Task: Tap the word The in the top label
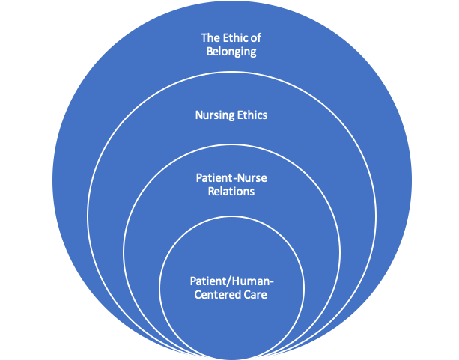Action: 210,37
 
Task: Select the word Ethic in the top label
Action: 235,37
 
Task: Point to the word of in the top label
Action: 256,37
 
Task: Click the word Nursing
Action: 214,115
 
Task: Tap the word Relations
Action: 229,192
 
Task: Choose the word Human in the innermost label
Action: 249,281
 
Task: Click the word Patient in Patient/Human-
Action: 205,281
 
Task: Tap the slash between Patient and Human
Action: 225,281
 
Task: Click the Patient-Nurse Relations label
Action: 229,186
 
